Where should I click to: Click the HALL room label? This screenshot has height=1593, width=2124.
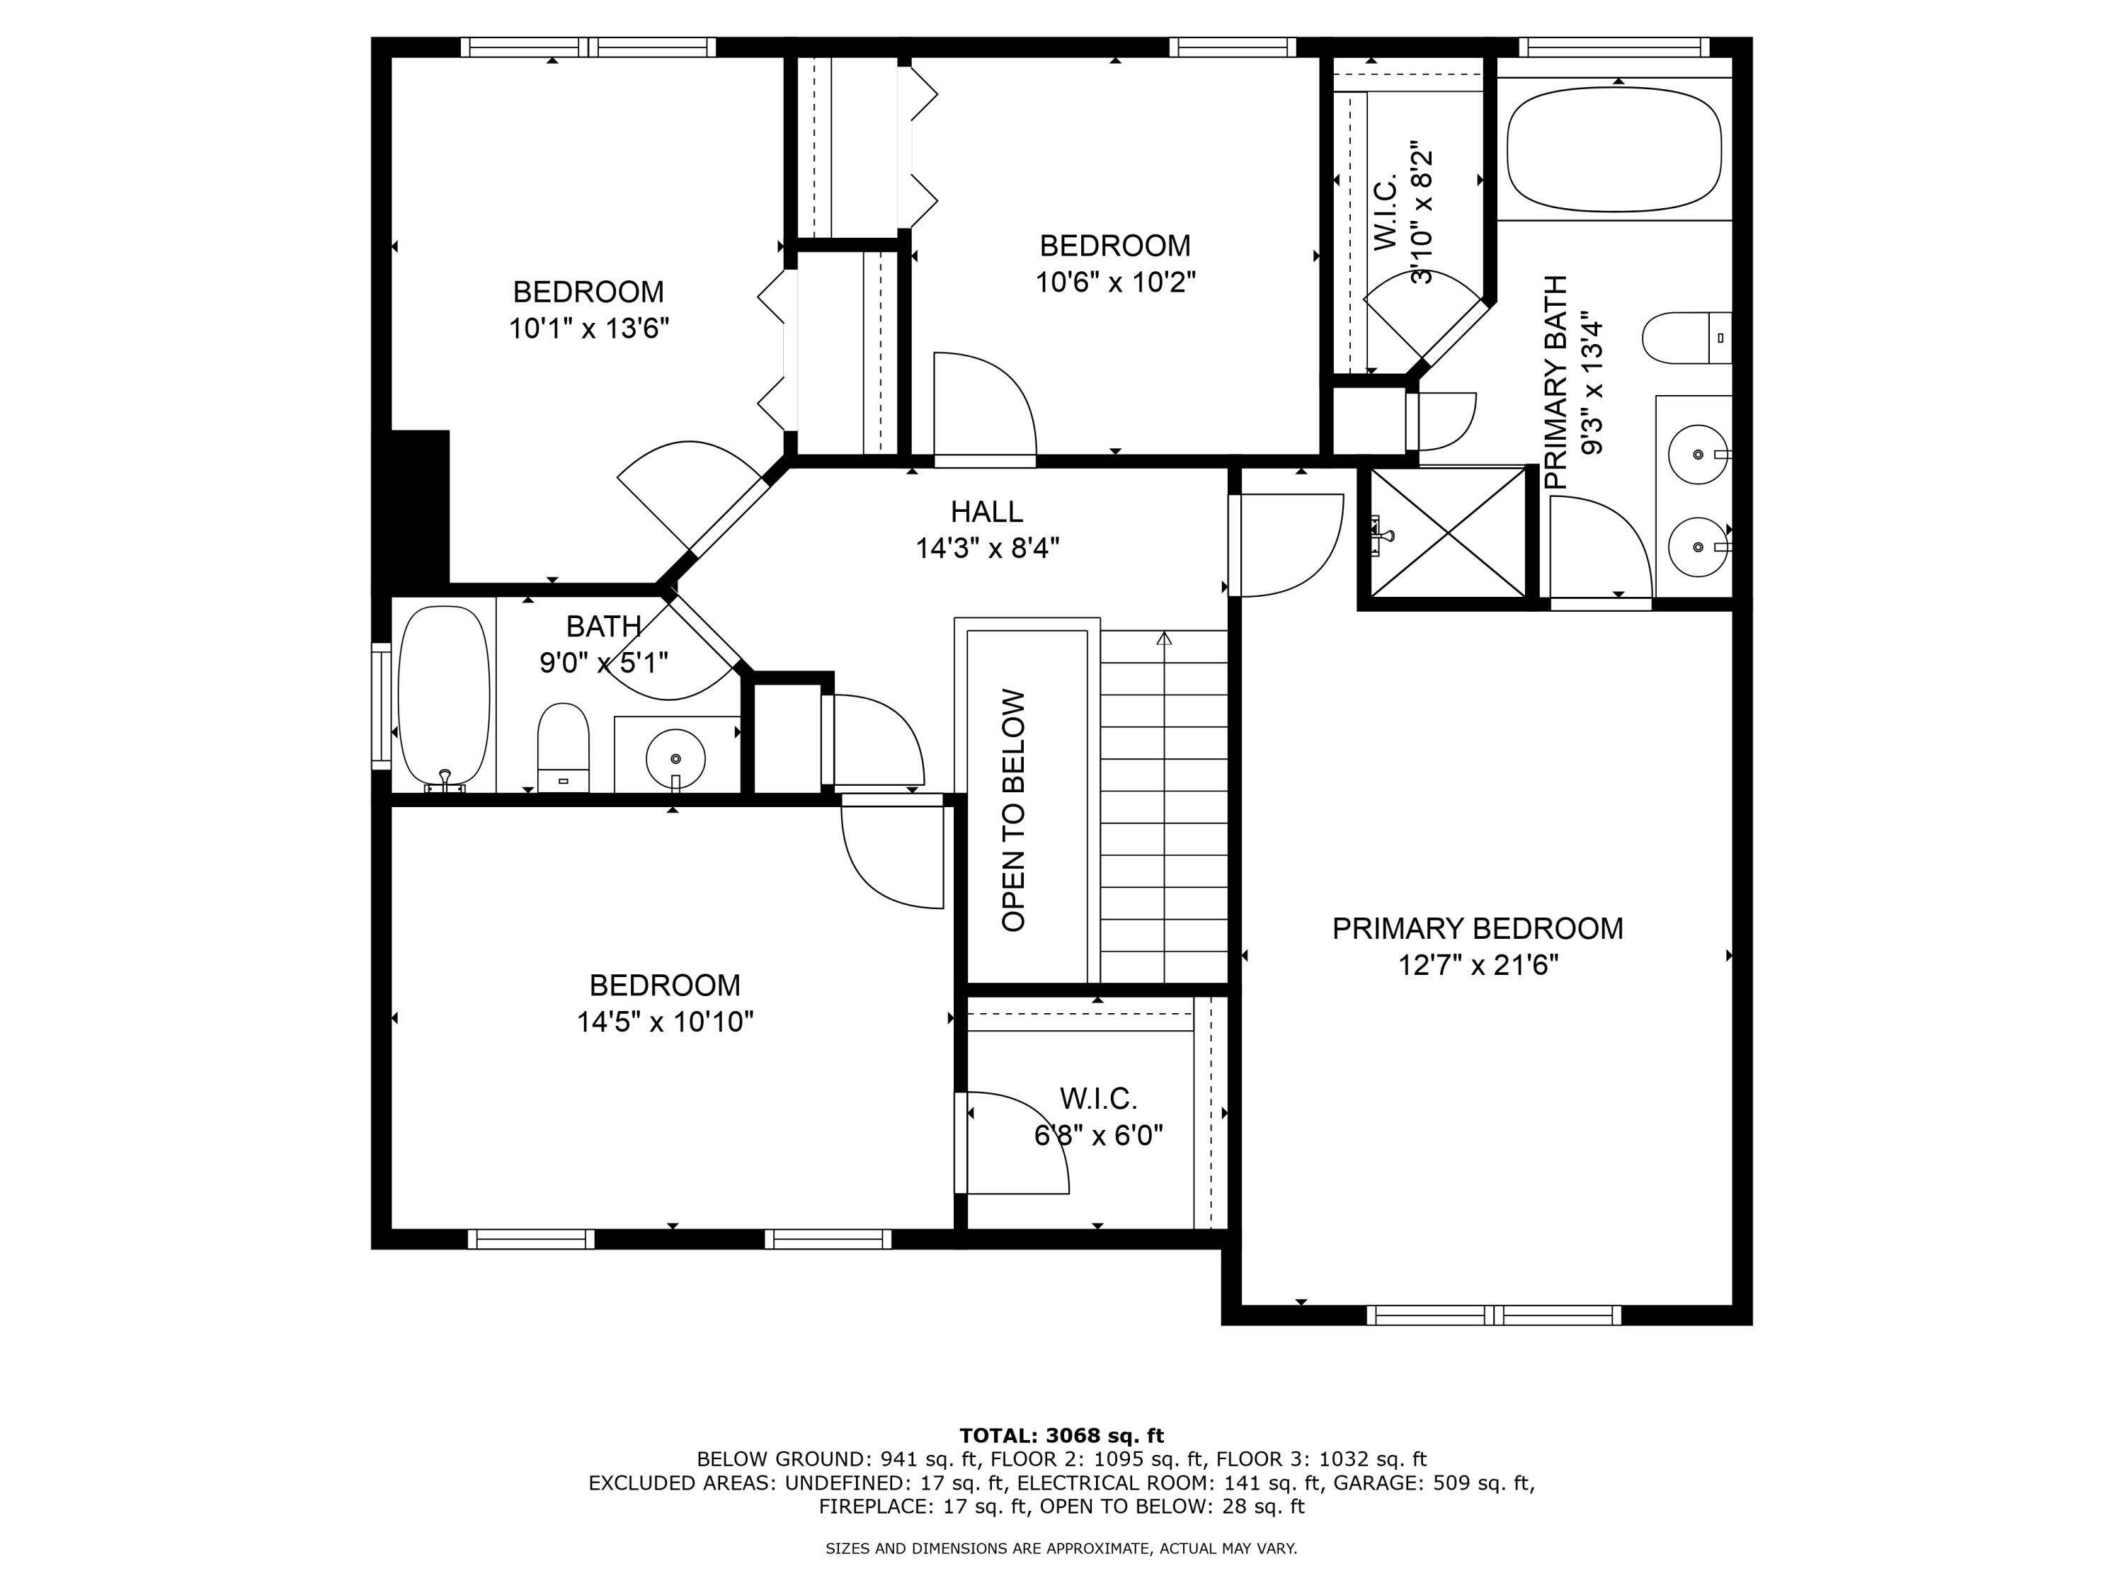coord(986,512)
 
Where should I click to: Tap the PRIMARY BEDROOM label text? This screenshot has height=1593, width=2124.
coord(1477,928)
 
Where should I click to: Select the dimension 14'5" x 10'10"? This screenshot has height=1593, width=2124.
coord(665,1022)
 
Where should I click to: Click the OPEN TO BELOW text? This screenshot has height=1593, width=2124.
coord(1014,811)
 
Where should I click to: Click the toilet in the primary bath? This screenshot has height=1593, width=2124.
coord(1685,338)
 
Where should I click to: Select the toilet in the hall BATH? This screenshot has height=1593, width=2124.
coord(563,747)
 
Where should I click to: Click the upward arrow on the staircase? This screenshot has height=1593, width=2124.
coord(1164,639)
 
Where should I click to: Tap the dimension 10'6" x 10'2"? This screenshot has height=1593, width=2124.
coord(1115,283)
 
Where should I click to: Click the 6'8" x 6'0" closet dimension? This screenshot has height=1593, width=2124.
coord(1099,1136)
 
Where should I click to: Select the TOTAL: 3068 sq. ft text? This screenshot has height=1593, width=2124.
coord(1061,1436)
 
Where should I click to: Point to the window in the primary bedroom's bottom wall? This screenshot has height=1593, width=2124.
coord(1493,1315)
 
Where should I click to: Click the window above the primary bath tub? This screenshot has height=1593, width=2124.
coord(1614,47)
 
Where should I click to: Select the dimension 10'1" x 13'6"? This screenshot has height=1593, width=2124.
coord(588,329)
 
